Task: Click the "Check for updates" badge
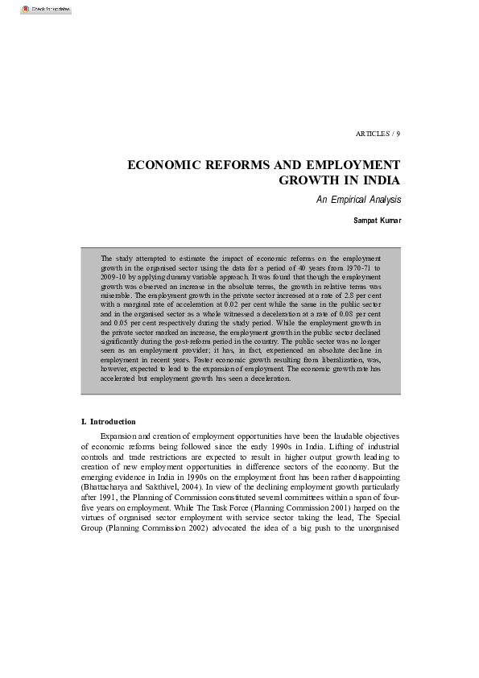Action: tap(40, 10)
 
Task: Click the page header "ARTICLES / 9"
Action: tap(378, 133)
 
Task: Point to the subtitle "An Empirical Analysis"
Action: tap(358, 200)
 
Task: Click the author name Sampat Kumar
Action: tap(377, 219)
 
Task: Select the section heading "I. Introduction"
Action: tap(109, 422)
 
